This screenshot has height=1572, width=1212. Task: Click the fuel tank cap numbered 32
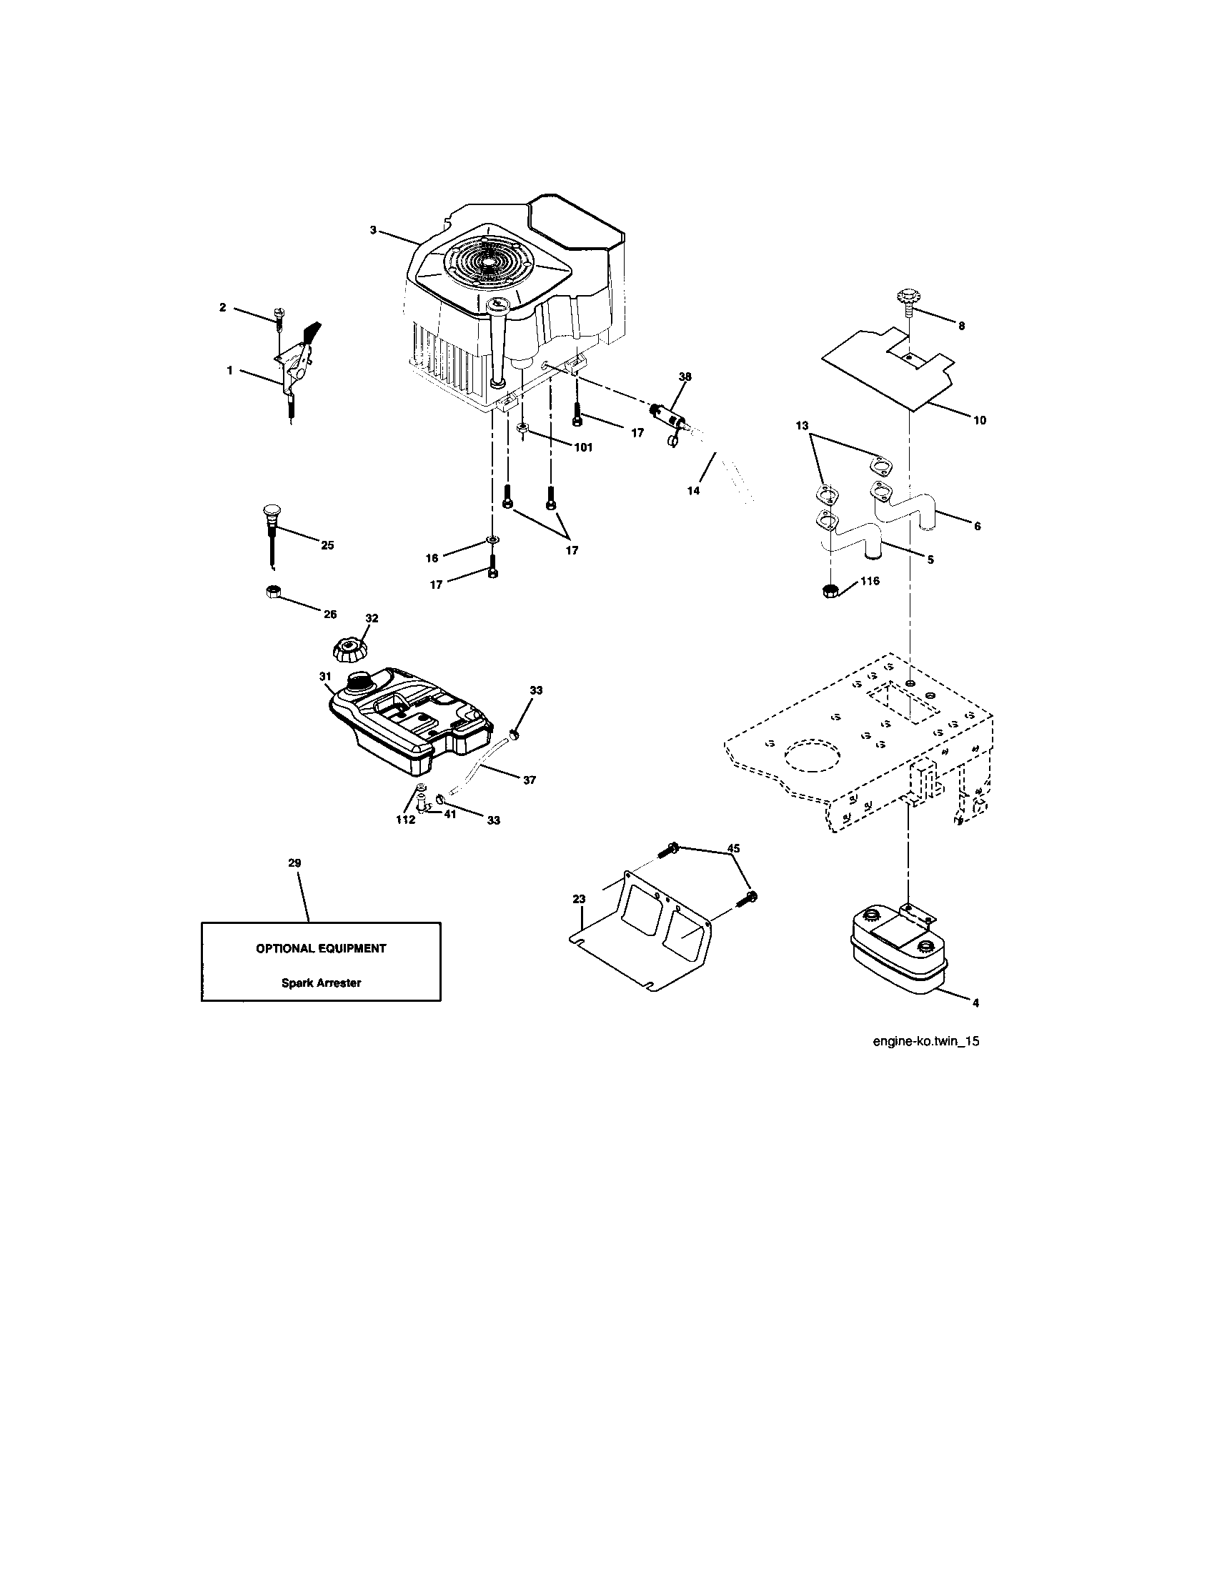350,650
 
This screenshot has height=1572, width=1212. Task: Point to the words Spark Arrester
321,983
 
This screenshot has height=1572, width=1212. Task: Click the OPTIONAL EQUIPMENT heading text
321,948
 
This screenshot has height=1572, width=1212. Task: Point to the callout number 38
685,376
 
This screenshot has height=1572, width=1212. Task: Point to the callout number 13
802,426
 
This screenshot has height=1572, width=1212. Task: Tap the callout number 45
733,849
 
